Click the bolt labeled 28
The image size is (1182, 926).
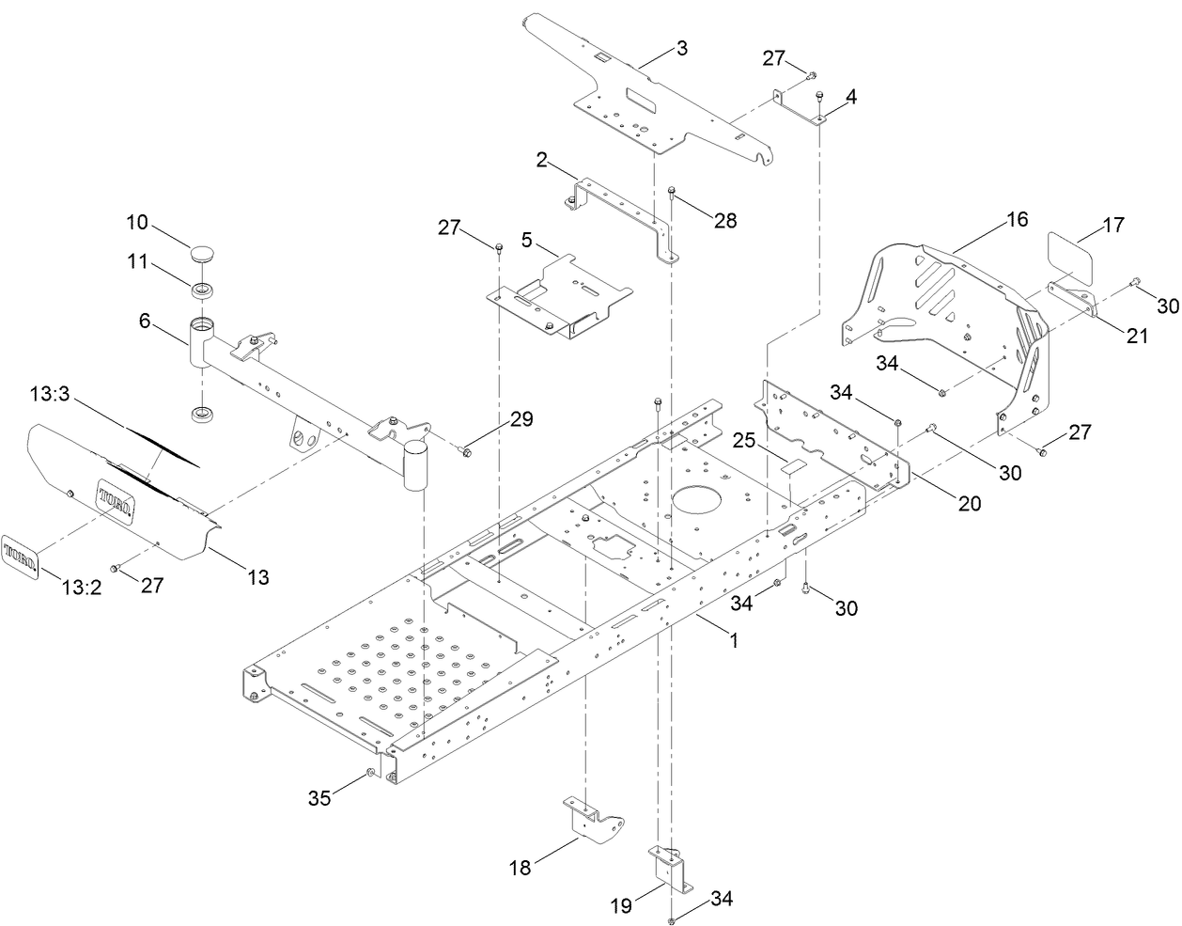click(x=672, y=193)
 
